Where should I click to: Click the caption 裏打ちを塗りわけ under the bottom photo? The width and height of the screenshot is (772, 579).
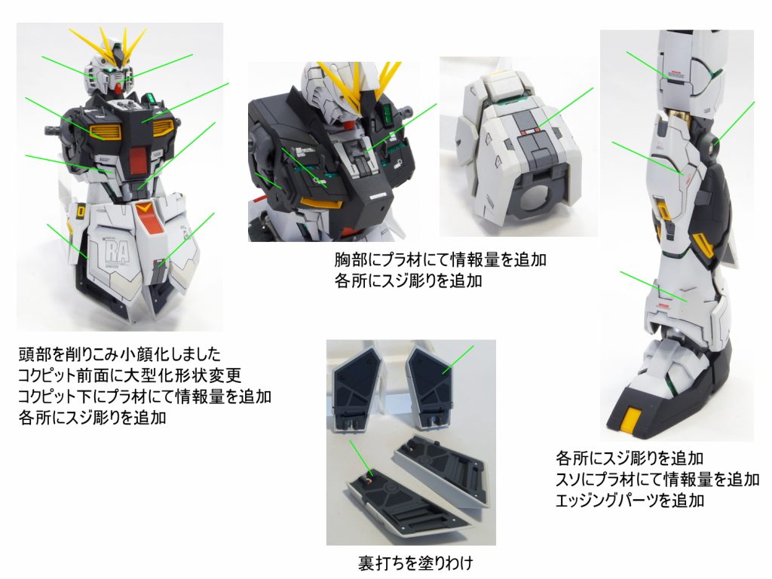click(x=416, y=562)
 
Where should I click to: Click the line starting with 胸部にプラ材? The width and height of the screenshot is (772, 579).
click(x=440, y=260)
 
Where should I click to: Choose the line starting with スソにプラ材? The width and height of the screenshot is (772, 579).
click(x=657, y=479)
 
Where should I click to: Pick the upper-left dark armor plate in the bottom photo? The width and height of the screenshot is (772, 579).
click(x=357, y=389)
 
